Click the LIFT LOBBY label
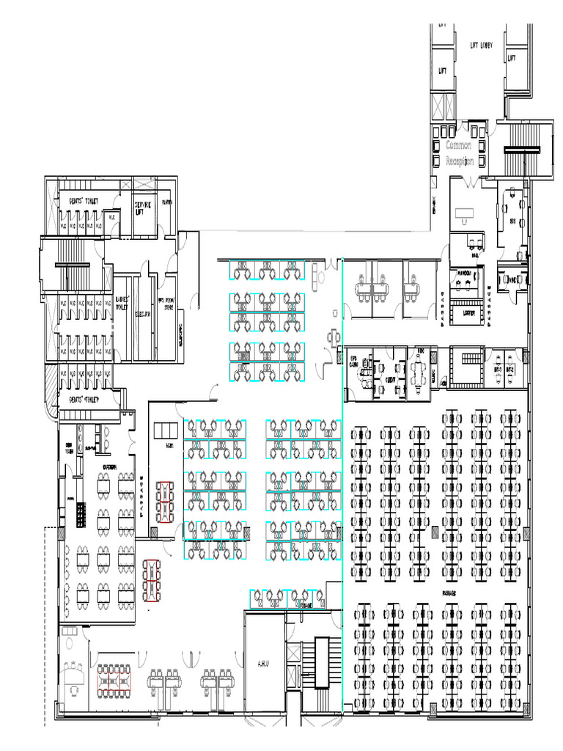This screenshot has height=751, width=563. (481, 45)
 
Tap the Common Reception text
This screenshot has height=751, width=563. (460, 153)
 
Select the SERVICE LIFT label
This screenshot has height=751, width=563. (142, 208)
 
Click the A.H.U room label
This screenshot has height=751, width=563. (264, 664)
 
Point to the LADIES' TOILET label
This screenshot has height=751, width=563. (122, 303)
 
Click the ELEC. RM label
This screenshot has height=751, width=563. (142, 314)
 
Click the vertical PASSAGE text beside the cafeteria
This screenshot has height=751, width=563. (141, 495)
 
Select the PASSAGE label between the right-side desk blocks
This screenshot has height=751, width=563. (449, 591)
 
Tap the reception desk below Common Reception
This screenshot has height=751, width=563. (463, 213)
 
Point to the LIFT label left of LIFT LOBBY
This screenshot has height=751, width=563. (443, 71)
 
